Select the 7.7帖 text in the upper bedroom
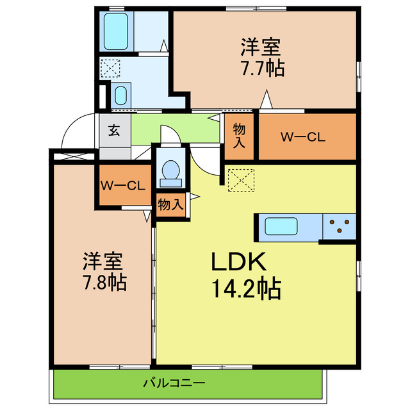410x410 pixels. pos(263,68)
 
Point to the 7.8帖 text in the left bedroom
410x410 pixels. pos(103,281)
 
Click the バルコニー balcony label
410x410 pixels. pos(174,384)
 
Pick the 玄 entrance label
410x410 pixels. pos(114,131)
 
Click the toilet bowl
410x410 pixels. pos(170,170)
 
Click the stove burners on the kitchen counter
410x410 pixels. pos(340,226)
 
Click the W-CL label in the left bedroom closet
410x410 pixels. pos(124,186)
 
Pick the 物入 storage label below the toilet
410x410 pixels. pos(171,204)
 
